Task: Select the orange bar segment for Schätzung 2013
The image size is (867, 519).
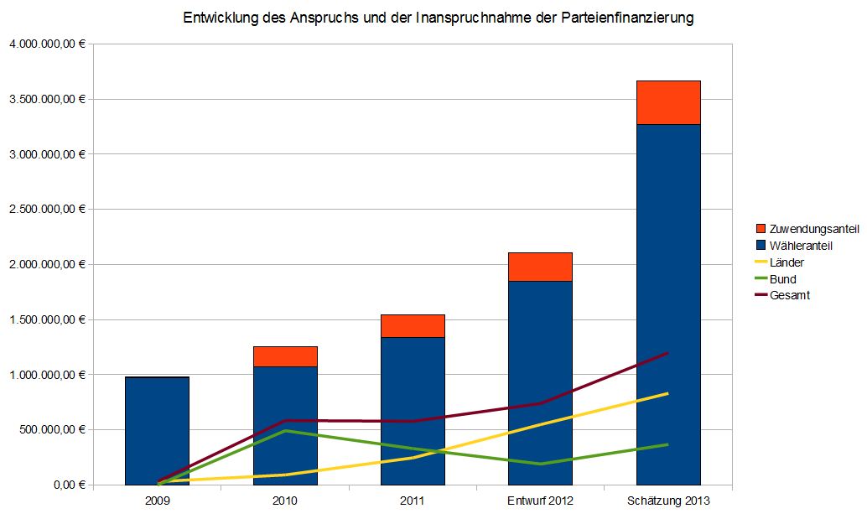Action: pos(668,102)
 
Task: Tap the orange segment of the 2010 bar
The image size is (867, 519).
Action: pos(285,356)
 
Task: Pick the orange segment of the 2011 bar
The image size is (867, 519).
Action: pos(413,326)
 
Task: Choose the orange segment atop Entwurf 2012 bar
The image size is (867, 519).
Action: pos(540,267)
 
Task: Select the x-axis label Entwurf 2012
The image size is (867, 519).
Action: pos(540,501)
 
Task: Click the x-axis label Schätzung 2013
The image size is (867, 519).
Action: pos(668,501)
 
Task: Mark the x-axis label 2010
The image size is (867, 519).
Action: pos(285,501)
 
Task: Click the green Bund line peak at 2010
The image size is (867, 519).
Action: pos(285,430)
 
